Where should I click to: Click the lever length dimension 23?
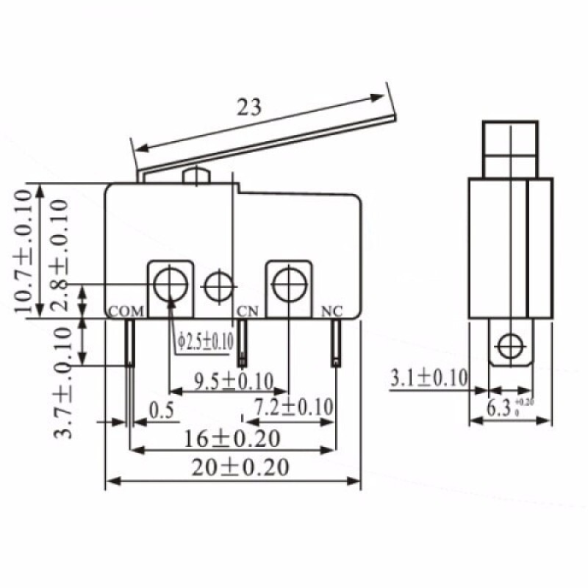pos(249,108)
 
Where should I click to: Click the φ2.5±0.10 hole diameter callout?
pos(205,342)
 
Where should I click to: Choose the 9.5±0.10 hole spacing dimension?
pos(233,381)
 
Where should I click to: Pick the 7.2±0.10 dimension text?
pos(293,406)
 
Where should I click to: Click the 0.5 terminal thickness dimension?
pos(161,410)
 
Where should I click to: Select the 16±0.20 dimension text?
pos(233,439)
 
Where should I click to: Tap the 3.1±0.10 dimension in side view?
pos(429,378)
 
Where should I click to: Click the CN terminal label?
pos(247,312)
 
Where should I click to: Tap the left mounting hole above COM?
pos(171,282)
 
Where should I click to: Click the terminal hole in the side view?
pos(509,343)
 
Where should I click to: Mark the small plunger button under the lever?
pos(197,176)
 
